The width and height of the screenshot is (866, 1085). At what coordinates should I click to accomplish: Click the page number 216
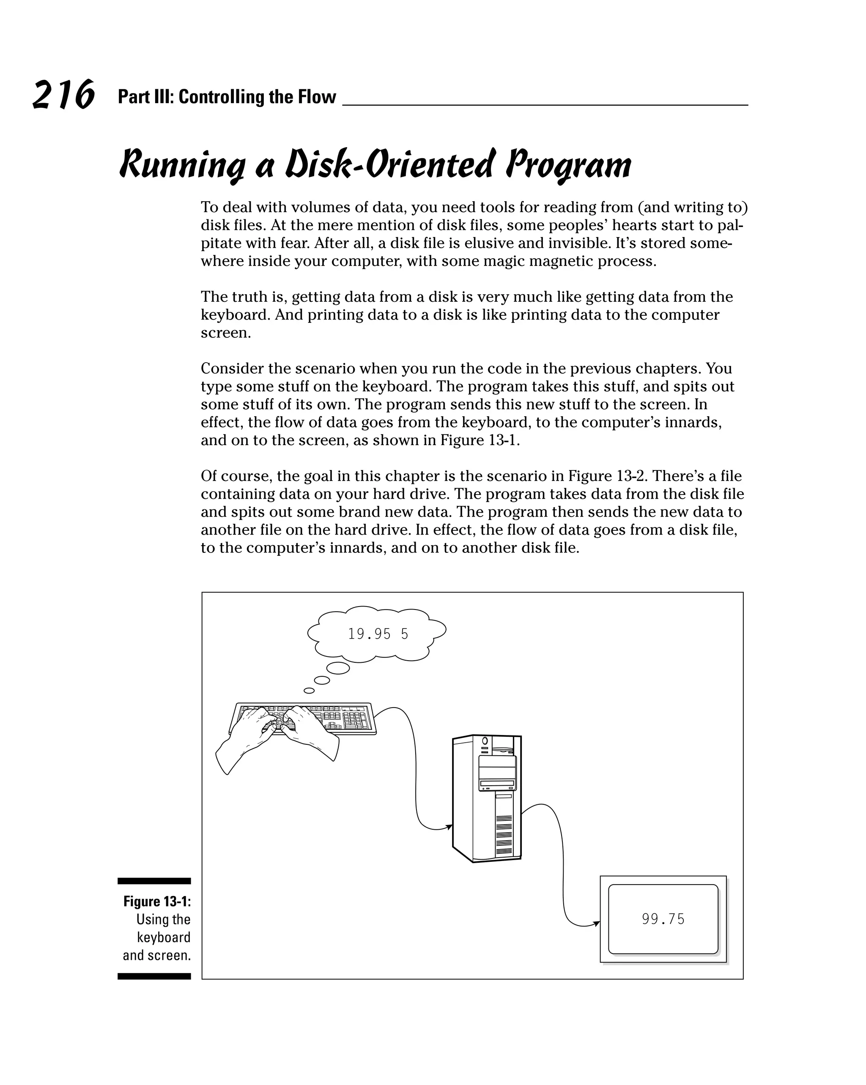63,95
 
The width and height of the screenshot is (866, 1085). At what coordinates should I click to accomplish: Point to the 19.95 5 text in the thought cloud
378,634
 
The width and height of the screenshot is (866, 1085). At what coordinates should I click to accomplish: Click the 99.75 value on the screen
663,919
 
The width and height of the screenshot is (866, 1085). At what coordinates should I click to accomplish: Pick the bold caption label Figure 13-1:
156,901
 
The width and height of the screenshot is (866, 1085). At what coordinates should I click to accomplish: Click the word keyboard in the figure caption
164,937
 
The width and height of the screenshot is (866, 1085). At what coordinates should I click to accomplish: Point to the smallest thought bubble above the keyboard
309,691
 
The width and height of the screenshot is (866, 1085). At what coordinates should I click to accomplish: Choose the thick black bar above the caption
154,881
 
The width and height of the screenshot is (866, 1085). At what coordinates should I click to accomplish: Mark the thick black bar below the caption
154,976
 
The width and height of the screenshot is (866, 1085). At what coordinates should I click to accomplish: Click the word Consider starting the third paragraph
232,369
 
